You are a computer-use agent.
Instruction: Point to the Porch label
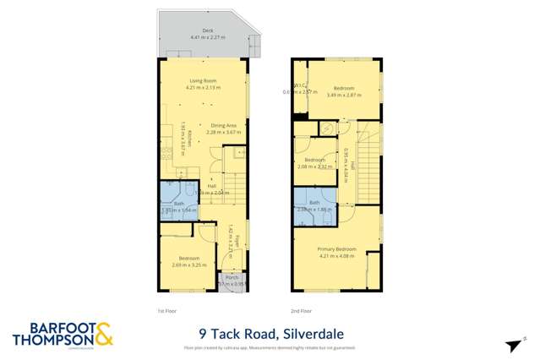(228, 277)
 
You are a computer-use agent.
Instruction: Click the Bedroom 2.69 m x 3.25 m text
(188, 259)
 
